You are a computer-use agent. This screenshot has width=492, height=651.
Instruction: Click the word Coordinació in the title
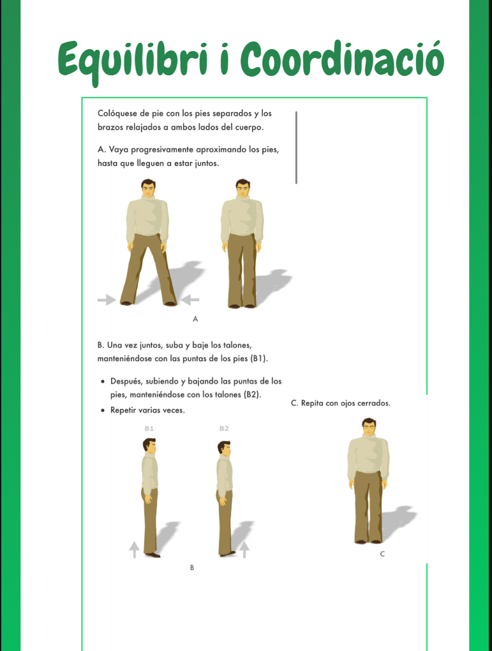pyautogui.click(x=342, y=58)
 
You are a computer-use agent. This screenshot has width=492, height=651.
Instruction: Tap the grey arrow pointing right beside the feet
pyautogui.click(x=107, y=299)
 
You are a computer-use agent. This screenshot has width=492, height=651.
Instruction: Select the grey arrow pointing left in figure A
pyautogui.click(x=190, y=299)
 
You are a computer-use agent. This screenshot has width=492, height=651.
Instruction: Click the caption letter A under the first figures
pyautogui.click(x=195, y=319)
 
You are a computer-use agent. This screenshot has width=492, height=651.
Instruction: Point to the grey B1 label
pyautogui.click(x=149, y=428)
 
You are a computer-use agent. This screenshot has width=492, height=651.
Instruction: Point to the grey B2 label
pyautogui.click(x=224, y=428)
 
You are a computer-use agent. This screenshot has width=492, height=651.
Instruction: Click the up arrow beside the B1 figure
pyautogui.click(x=134, y=550)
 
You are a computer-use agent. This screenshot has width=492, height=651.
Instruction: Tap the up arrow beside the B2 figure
pyautogui.click(x=244, y=550)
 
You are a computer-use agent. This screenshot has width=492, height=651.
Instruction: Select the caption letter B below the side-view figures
pyautogui.click(x=192, y=567)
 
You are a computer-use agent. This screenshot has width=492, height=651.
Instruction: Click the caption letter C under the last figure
pyautogui.click(x=382, y=554)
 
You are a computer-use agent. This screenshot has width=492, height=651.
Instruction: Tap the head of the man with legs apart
pyautogui.click(x=148, y=189)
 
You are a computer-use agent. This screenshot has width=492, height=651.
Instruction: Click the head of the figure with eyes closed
pyautogui.click(x=369, y=428)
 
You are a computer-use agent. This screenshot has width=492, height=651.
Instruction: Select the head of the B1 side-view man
pyautogui.click(x=149, y=447)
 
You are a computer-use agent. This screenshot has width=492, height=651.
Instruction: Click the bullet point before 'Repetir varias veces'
pyautogui.click(x=103, y=410)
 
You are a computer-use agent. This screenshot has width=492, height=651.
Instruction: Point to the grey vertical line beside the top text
pyautogui.click(x=296, y=147)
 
